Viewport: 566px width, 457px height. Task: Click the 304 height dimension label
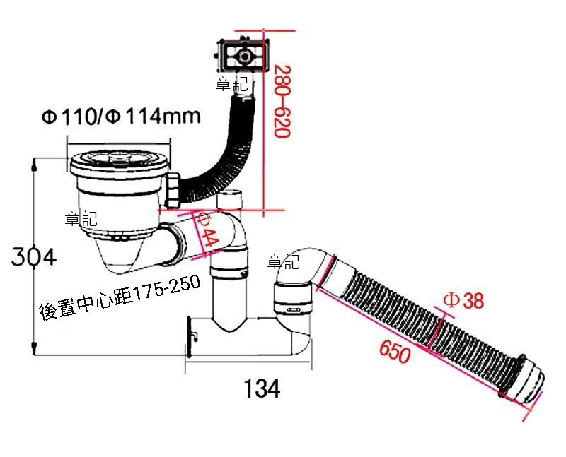(x=33, y=256)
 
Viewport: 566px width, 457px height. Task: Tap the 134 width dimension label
(x=262, y=388)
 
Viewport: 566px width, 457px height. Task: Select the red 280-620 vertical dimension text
(x=282, y=101)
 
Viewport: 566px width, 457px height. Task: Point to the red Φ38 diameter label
(x=463, y=300)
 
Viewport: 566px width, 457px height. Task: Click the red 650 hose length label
(x=395, y=350)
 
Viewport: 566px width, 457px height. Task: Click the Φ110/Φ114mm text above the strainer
(x=121, y=117)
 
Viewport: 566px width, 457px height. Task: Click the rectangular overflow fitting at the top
(x=242, y=55)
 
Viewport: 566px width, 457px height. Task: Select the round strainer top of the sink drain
(x=119, y=163)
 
